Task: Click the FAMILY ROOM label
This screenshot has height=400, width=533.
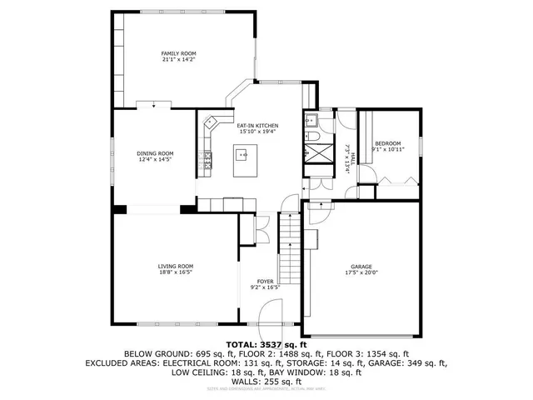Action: (173, 53)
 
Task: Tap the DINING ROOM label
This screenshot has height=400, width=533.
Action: (155, 153)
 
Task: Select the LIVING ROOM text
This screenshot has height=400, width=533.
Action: (176, 267)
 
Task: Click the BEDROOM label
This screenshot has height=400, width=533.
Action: (386, 143)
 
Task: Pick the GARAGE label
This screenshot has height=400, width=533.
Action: (361, 267)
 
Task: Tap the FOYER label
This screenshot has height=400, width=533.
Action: (265, 282)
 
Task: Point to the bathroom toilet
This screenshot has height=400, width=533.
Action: (313, 118)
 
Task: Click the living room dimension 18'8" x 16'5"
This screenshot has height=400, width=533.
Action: (176, 272)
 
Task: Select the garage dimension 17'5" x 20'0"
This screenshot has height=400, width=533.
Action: (361, 272)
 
